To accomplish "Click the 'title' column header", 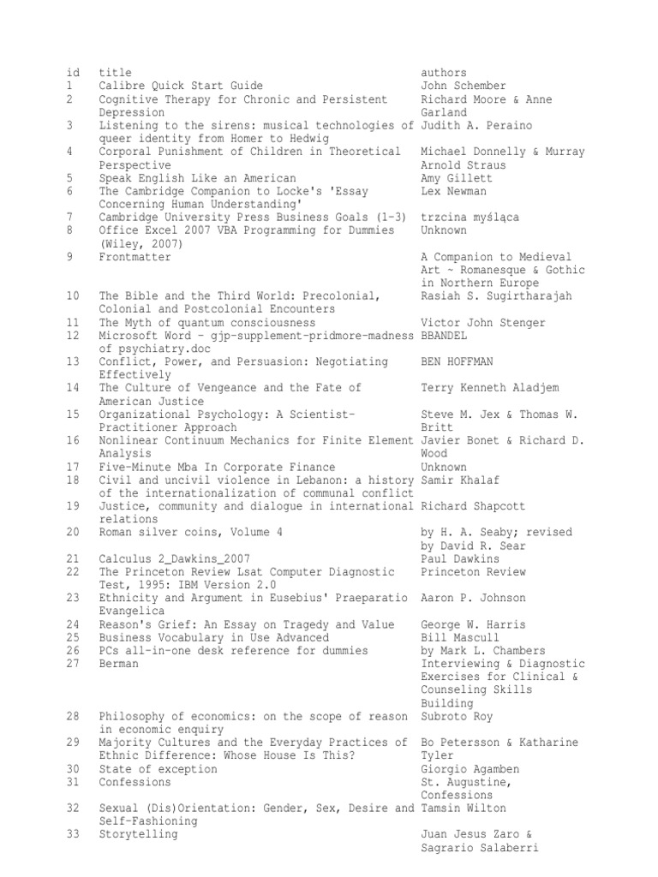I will (115, 73).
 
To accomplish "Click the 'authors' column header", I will (444, 73).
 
